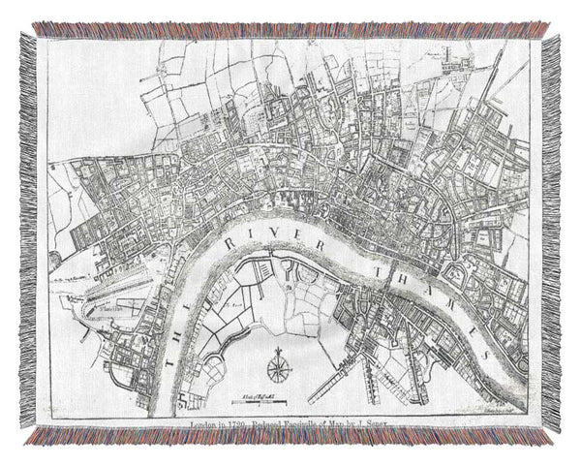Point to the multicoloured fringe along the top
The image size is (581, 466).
point(290,29)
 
